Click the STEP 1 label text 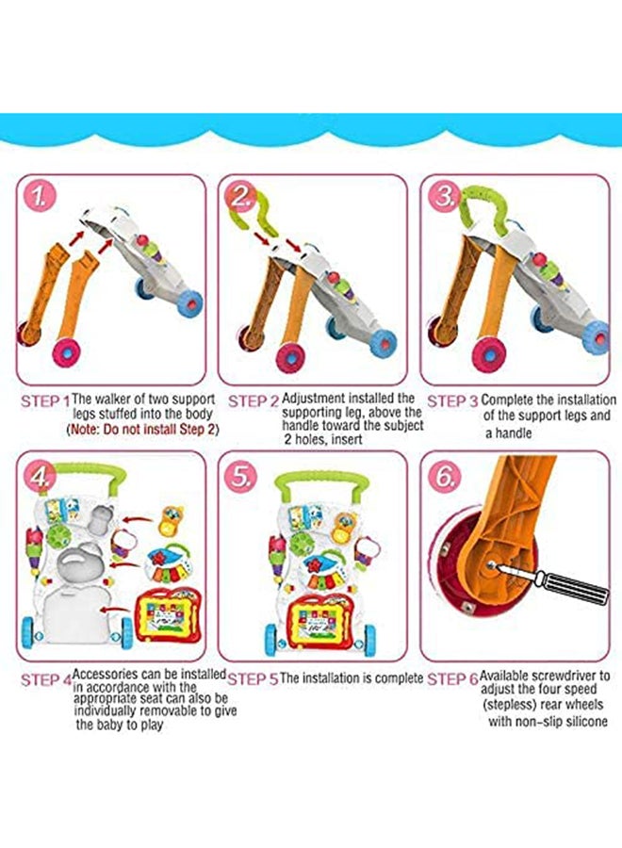pyautogui.click(x=45, y=401)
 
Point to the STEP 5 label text pyautogui.click(x=253, y=679)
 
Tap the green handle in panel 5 pyautogui.click(x=319, y=483)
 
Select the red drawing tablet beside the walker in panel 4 pyautogui.click(x=168, y=615)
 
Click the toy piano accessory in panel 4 pyautogui.click(x=169, y=565)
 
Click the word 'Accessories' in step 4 pyautogui.click(x=105, y=675)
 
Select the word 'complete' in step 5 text pyautogui.click(x=400, y=678)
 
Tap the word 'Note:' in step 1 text pyautogui.click(x=85, y=430)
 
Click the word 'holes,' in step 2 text pyautogui.click(x=310, y=439)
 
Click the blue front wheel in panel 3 pyautogui.click(x=597, y=337)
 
